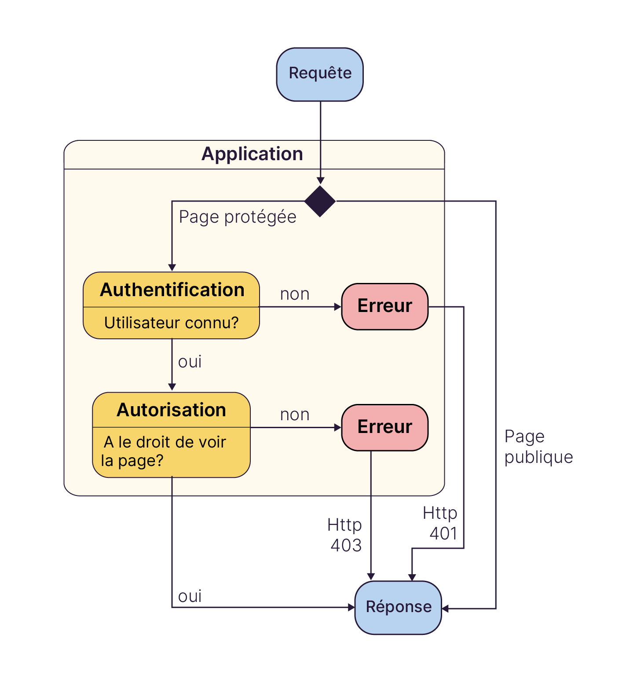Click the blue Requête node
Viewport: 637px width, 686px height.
tap(320, 74)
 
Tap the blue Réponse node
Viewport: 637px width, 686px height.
tap(398, 607)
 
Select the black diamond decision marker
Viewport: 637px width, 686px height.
tap(320, 201)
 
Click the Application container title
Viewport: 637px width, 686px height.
tap(252, 154)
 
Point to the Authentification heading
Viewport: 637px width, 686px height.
tap(172, 290)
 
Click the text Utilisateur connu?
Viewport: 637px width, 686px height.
tap(171, 323)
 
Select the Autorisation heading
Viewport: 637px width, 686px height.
tap(171, 410)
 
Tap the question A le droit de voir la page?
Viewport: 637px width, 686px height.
tap(164, 451)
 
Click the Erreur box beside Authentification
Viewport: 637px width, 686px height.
tap(384, 306)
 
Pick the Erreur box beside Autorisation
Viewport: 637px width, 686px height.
tap(384, 427)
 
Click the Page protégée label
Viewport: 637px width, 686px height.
tap(238, 217)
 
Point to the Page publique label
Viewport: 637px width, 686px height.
tap(538, 447)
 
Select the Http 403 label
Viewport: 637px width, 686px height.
tap(345, 535)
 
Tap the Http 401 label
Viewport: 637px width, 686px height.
tap(440, 523)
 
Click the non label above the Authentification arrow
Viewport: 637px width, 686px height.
tap(295, 294)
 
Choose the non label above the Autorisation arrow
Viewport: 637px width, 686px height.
tap(295, 415)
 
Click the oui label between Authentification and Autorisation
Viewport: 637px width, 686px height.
tap(190, 362)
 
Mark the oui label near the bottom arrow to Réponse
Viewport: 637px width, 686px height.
tap(190, 596)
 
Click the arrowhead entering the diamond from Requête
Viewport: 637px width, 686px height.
tap(320, 181)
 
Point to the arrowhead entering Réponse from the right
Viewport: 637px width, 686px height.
tap(445, 609)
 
